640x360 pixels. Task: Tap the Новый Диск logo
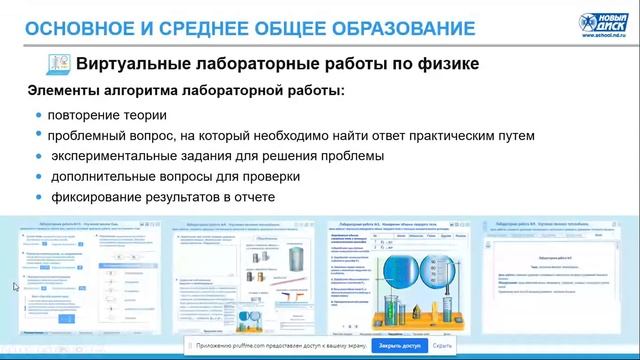[604, 24]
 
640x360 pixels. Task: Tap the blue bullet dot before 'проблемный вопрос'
[39, 135]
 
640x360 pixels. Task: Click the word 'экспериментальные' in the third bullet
[113, 156]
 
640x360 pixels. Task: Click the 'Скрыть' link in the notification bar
[443, 345]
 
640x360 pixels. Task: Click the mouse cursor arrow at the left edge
[15, 287]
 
